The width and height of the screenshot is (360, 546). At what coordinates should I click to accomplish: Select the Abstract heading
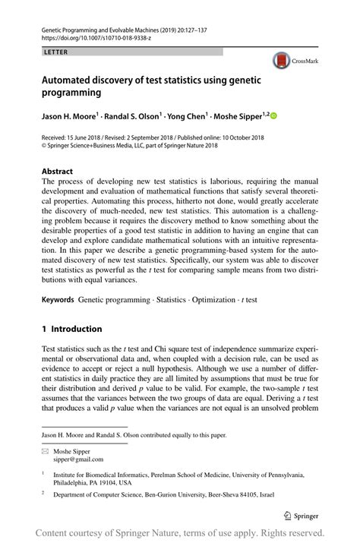[x=58, y=172]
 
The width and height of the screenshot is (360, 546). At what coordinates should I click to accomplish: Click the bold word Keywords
[x=58, y=301]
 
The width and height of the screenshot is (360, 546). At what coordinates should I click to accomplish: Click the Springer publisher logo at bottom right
[x=302, y=514]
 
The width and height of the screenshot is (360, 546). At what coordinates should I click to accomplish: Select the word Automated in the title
[x=72, y=78]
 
